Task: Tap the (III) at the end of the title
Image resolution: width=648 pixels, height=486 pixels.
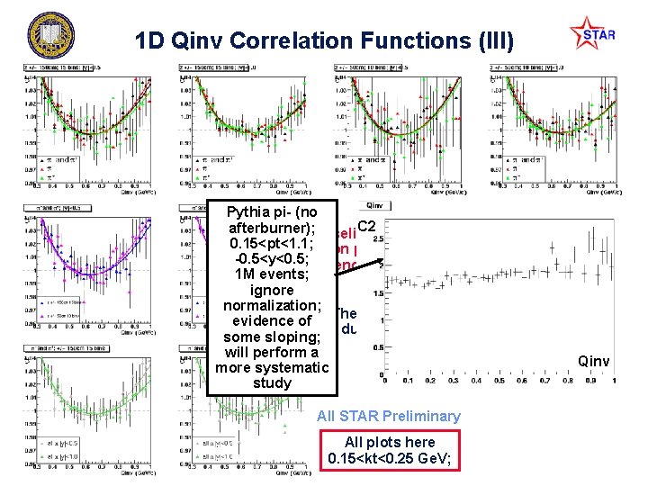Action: click(x=485, y=40)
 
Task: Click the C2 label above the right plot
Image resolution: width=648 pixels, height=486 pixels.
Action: click(x=366, y=226)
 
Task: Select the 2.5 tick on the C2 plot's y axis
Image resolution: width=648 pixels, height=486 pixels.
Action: click(x=378, y=238)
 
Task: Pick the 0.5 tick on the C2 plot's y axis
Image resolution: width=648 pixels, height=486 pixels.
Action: click(x=378, y=347)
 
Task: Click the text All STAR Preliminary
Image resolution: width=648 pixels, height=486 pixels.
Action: click(x=389, y=416)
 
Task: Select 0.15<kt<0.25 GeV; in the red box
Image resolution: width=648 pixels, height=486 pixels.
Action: click(x=389, y=459)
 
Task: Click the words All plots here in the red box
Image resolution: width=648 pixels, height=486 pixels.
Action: click(x=389, y=442)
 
